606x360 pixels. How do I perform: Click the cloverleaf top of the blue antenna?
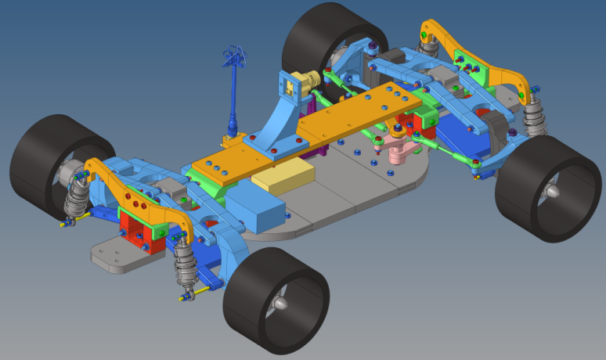tap(236, 56)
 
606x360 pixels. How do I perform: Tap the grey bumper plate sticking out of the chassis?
tap(117, 254)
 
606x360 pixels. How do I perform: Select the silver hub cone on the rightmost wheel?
tap(552, 192)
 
